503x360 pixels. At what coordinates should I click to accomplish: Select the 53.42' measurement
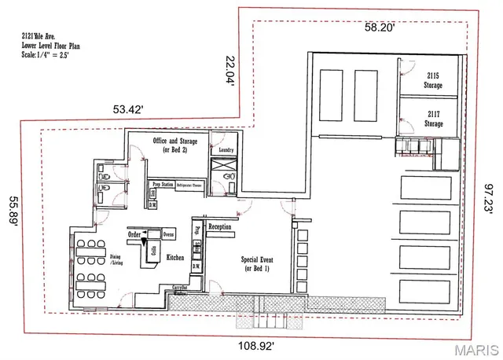127,110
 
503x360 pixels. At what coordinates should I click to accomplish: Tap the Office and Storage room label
174,145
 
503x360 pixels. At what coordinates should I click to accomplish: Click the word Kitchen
174,257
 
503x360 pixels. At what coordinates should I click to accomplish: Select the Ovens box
168,234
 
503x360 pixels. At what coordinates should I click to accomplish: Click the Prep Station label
162,184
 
